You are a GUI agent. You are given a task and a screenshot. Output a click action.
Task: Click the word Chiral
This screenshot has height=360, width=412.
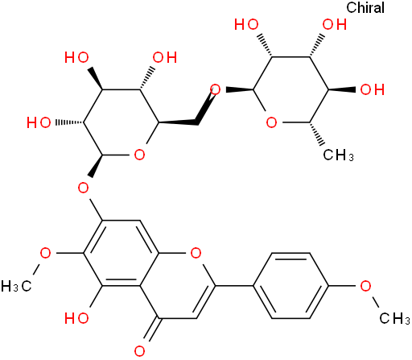365,7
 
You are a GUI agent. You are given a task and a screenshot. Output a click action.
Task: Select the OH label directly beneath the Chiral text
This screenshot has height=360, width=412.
335,25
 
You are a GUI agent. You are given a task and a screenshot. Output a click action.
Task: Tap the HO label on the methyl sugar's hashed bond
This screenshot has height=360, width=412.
246,25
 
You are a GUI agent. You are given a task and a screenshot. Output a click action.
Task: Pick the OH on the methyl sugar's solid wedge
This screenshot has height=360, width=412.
373,89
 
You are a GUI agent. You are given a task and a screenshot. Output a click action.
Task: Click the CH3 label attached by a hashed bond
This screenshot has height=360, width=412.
339,155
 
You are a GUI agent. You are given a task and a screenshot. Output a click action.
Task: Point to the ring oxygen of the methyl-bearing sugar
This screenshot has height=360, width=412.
271,122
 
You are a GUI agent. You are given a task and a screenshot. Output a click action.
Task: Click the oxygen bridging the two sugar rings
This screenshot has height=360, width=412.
215,89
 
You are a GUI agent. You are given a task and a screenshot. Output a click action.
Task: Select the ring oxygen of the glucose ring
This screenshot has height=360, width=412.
139,155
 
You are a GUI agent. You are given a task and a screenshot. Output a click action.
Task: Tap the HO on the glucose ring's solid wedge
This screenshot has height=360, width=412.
76,57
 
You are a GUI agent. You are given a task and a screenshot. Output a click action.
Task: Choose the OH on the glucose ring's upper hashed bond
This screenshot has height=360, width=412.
165,57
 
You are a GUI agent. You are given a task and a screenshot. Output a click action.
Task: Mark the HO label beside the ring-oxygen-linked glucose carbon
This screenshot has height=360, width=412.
39,122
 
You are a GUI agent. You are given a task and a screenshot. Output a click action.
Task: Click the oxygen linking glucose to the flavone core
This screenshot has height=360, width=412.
83,188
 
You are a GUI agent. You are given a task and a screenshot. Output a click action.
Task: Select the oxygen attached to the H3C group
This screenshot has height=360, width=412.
45,253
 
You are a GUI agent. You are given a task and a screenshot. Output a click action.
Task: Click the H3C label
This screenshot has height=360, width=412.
16,286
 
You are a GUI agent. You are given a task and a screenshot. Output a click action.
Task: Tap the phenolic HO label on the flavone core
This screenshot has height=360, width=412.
76,318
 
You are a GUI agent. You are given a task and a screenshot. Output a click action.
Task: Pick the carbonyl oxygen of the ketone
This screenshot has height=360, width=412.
139,351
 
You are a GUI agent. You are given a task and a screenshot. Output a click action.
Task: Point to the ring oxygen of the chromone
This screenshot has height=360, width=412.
196,253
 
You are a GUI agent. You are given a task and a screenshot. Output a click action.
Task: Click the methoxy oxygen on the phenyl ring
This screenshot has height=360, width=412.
365,286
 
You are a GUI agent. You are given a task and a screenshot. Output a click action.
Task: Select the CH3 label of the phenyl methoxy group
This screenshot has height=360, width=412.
394,319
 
